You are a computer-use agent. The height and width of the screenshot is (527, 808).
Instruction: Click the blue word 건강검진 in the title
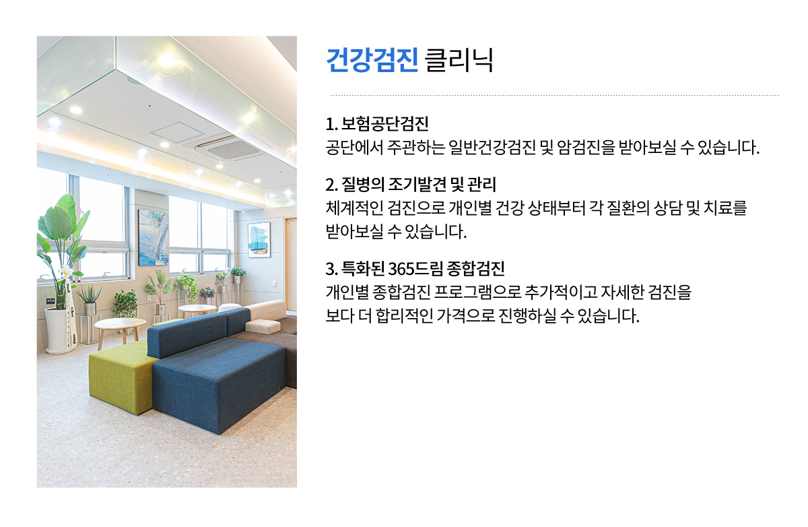372,60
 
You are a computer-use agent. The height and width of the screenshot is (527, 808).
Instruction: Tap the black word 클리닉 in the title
459,60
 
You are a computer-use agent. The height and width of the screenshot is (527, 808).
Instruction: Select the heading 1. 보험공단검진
377,123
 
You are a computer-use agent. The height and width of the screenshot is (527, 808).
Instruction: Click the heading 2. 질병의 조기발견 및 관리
411,184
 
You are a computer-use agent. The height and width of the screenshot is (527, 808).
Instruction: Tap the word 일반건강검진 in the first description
492,148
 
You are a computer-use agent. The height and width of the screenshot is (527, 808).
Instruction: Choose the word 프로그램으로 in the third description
477,292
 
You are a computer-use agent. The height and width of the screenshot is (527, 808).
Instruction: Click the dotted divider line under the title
555,96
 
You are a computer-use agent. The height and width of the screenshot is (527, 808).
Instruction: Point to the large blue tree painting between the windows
154,237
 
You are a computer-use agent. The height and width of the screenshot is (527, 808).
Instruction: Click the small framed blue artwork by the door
259,240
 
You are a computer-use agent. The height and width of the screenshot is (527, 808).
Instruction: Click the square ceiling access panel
176,132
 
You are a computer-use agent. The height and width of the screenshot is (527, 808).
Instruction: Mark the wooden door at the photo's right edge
291,264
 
